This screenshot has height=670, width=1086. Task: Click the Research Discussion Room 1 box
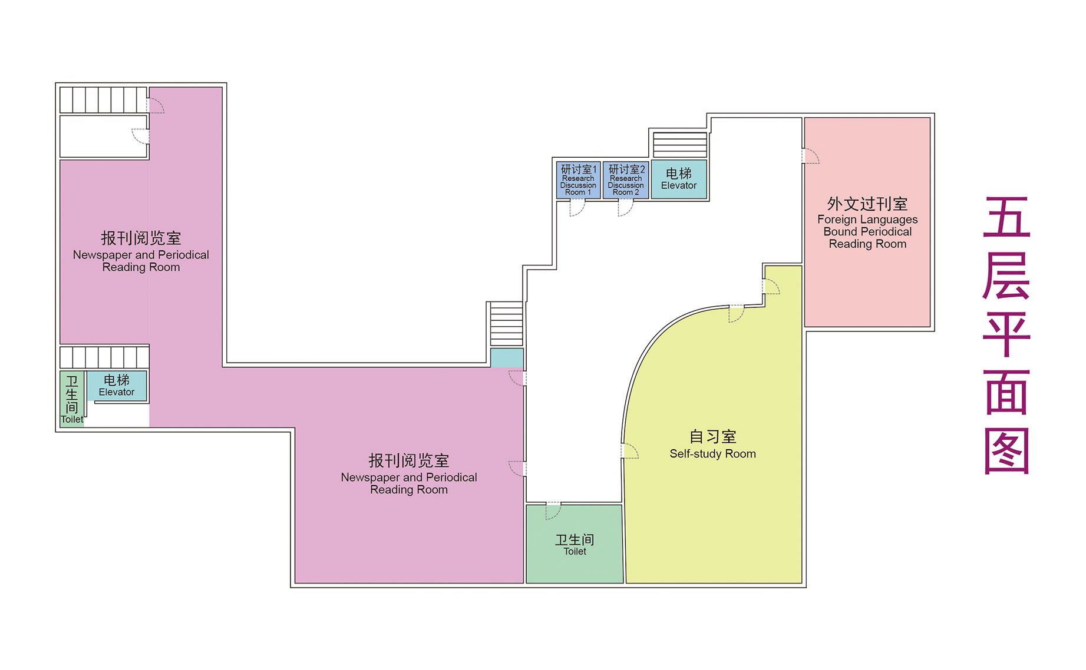coord(578,180)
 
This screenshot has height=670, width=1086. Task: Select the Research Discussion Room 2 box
coord(626,180)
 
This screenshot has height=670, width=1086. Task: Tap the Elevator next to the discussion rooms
coord(679,180)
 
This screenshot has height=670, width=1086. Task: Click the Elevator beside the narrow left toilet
coord(117,386)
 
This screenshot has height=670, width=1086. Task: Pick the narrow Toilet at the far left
coord(72,399)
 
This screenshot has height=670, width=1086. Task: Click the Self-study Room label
coord(712,445)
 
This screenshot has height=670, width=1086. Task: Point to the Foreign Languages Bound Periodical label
coord(867,223)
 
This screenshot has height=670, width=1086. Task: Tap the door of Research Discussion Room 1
coord(577,208)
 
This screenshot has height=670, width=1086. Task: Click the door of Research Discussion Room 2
coord(625,208)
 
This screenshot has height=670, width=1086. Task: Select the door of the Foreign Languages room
coord(810,156)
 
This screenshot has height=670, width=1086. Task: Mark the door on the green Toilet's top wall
coord(553,511)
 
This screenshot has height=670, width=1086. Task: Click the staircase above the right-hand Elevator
coord(680,144)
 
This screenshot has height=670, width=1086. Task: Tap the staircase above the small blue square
coord(507,324)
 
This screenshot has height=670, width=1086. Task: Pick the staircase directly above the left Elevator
coord(104,357)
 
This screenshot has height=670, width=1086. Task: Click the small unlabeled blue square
coord(507,358)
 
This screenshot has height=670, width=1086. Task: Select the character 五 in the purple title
coord(1006,217)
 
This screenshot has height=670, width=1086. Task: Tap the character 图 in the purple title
coord(1006,451)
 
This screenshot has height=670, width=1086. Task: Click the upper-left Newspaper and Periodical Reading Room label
coord(141,251)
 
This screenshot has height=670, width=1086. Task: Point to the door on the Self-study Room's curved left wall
coord(629,451)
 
